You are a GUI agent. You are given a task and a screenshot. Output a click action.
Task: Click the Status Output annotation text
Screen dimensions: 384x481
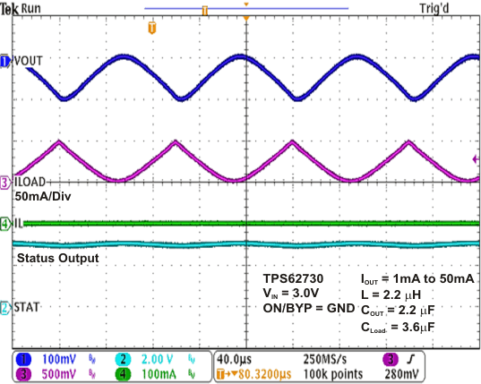[56, 258]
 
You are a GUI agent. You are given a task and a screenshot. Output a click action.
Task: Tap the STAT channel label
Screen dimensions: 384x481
[27, 307]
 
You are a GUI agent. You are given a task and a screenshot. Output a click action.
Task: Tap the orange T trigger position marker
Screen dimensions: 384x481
[150, 27]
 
